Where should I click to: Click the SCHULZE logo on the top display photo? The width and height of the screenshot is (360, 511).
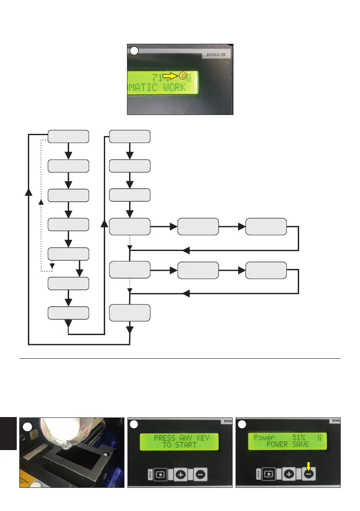pyautogui.click(x=216, y=55)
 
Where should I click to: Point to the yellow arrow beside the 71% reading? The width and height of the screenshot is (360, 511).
pyautogui.click(x=170, y=76)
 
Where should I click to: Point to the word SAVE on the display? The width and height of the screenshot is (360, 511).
pyautogui.click(x=299, y=445)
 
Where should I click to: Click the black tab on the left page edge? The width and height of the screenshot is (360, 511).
pyautogui.click(x=8, y=433)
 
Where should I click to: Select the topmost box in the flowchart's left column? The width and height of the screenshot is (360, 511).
pyautogui.click(x=69, y=136)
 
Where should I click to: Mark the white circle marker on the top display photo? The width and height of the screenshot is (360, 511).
pyautogui.click(x=134, y=51)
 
